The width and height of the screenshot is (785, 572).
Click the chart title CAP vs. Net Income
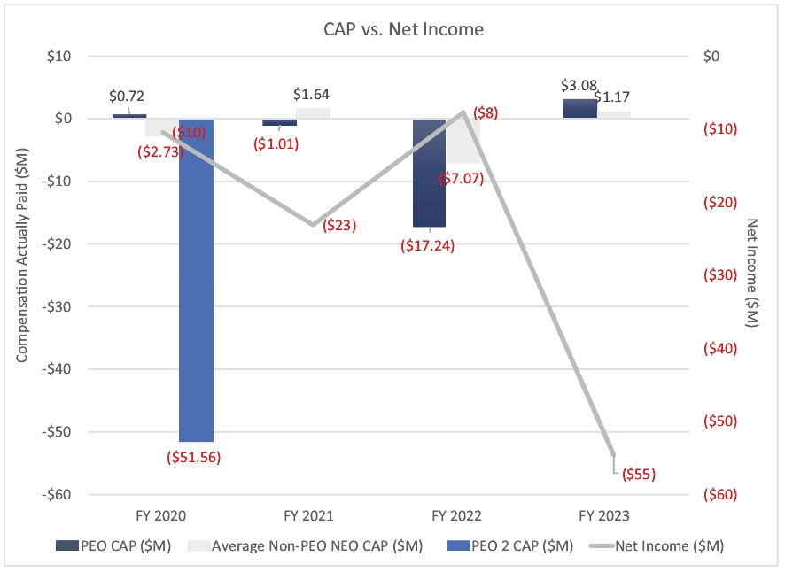[402, 29]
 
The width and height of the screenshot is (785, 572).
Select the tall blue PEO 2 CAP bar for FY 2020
[196, 280]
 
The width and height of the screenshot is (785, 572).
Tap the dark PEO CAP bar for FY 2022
[429, 173]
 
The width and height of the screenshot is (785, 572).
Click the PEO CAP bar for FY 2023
[579, 108]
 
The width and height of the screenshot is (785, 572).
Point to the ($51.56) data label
[193, 458]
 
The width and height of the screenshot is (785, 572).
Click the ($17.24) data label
[427, 246]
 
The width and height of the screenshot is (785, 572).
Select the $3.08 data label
[579, 86]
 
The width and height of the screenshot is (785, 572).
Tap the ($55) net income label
[637, 474]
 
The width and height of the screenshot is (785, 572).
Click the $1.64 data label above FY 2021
[312, 94]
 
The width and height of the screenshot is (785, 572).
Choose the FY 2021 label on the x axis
[309, 514]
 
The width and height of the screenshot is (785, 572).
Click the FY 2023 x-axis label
[604, 514]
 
